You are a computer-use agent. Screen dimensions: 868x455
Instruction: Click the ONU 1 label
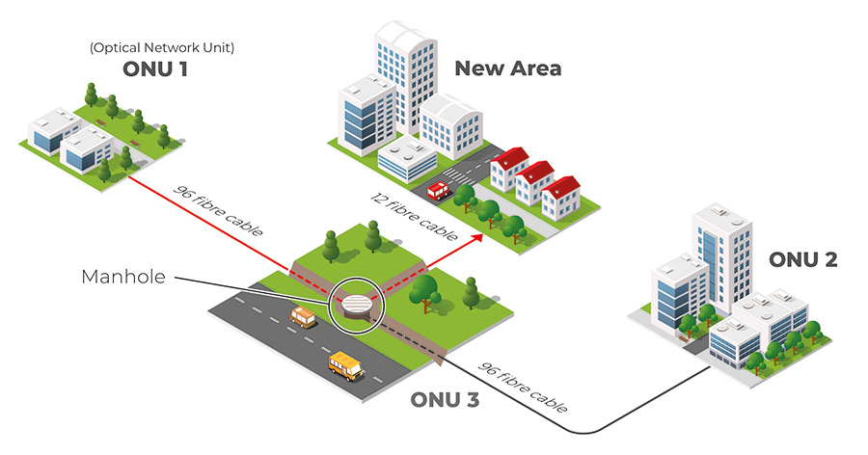click(x=155, y=69)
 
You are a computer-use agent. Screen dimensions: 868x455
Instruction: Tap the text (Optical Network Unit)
click(x=162, y=47)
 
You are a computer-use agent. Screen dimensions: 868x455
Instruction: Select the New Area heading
click(x=507, y=68)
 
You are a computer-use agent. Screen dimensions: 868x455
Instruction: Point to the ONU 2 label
click(x=802, y=259)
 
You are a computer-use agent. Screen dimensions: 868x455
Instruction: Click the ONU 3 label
click(x=445, y=400)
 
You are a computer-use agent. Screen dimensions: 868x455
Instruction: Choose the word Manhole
click(x=123, y=277)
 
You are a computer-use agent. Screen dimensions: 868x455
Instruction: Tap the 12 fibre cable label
click(x=414, y=216)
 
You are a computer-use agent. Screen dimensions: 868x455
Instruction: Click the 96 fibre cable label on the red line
click(x=218, y=210)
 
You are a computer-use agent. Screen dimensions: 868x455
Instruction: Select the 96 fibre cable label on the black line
click(x=522, y=388)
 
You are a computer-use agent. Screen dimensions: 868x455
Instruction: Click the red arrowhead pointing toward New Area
click(x=475, y=237)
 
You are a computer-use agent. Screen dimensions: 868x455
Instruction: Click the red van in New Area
click(x=439, y=191)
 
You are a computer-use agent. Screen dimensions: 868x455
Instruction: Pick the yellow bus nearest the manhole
click(x=303, y=317)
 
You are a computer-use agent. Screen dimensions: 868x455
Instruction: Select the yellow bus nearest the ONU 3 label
click(x=346, y=366)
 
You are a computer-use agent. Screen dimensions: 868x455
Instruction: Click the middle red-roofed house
click(x=534, y=182)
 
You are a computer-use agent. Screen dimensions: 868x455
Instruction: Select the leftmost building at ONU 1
click(x=54, y=131)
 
